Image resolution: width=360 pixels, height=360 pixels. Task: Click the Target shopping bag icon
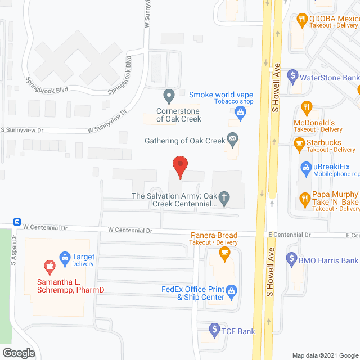64,258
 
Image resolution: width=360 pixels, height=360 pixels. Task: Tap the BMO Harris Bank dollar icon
291,259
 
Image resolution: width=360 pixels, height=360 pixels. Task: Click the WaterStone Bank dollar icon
292,75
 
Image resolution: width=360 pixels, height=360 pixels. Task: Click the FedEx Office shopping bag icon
232,290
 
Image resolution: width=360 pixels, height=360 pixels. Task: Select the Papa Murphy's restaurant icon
304,197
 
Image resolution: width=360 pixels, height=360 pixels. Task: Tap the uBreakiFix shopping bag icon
306,166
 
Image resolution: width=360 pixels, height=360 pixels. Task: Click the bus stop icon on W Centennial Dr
18,222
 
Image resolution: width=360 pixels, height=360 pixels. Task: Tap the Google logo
18,353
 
